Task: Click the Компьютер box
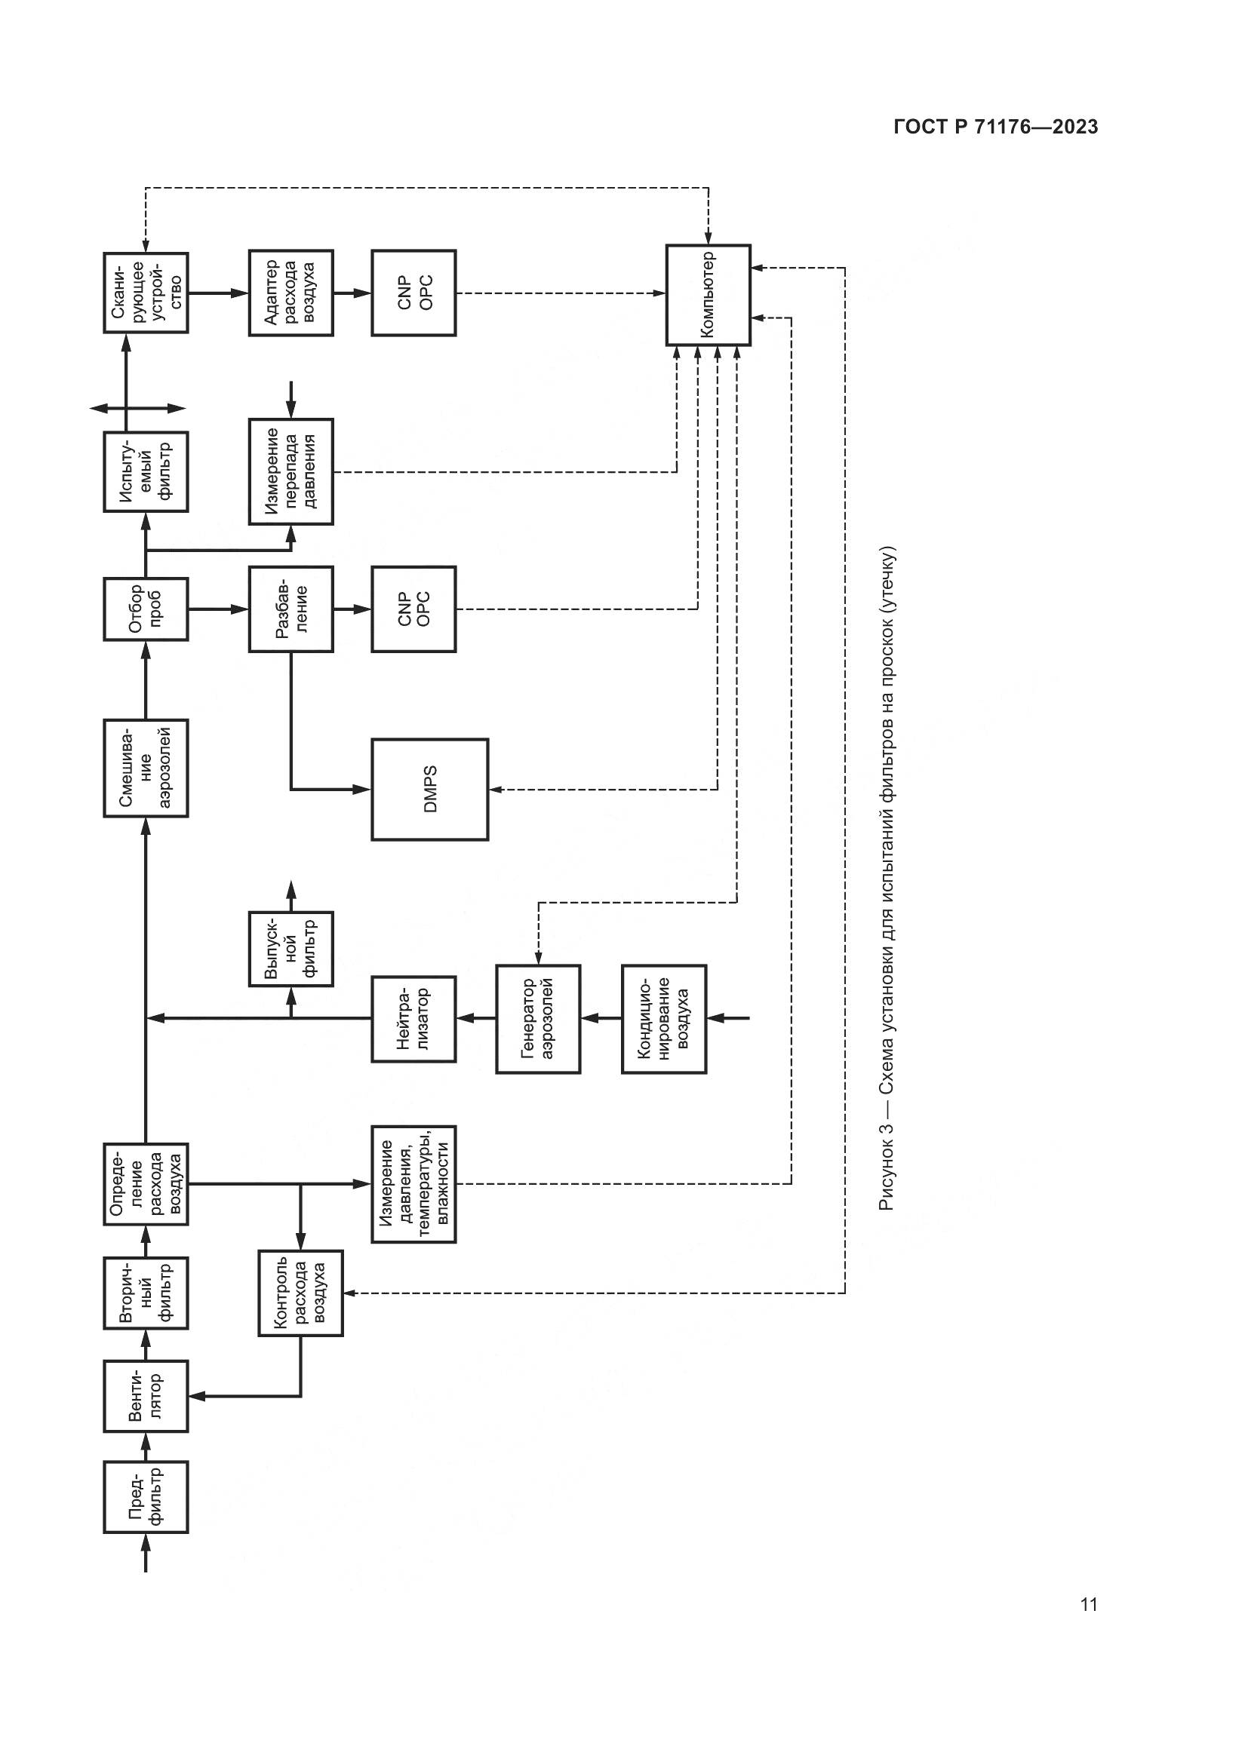(x=708, y=295)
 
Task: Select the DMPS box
(x=429, y=789)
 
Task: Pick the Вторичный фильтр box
(x=146, y=1293)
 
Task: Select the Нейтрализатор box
(x=413, y=1019)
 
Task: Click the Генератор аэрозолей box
(x=538, y=1019)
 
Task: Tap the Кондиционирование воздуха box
(x=664, y=1019)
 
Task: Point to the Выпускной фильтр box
(x=290, y=949)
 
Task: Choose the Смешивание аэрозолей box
(x=146, y=768)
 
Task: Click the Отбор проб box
(x=146, y=609)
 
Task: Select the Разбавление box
(x=290, y=609)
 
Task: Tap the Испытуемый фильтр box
(x=146, y=471)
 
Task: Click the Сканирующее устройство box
(x=146, y=293)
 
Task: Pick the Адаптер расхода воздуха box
(x=290, y=293)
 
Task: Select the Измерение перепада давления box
(x=290, y=471)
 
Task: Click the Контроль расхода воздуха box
(x=300, y=1293)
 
